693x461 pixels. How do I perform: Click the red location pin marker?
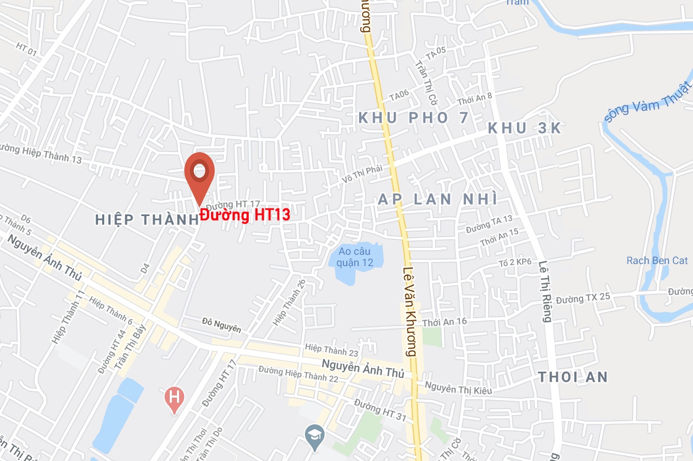click(199, 172)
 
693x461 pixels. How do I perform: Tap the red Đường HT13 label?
click(245, 215)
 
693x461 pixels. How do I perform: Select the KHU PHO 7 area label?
click(413, 118)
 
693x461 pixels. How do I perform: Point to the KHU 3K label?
click(524, 128)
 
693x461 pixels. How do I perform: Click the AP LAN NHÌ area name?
click(438, 199)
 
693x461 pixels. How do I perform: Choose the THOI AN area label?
click(573, 377)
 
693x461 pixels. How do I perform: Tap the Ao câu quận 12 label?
click(354, 257)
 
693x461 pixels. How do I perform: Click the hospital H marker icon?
click(174, 398)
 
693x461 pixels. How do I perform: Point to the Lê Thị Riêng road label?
click(545, 291)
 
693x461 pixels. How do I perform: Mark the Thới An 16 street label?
click(444, 322)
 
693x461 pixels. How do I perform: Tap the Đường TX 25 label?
click(583, 298)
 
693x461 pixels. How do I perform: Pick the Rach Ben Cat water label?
click(657, 260)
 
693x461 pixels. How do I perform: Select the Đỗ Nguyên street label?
click(221, 324)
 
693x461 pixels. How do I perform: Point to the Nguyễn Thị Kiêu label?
click(458, 388)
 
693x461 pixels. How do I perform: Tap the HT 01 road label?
click(27, 48)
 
